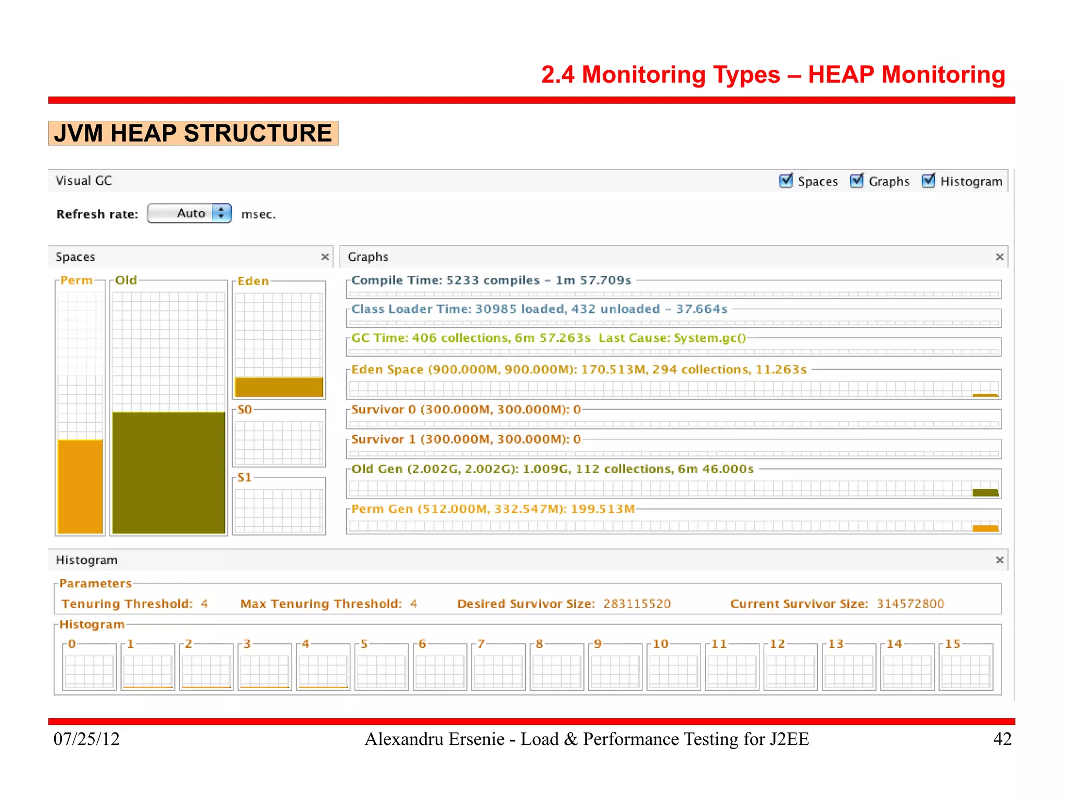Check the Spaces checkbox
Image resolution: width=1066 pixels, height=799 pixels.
(786, 181)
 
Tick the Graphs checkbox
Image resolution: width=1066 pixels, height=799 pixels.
(856, 181)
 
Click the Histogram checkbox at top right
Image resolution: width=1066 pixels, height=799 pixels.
(928, 181)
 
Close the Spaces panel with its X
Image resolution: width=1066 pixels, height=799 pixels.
(325, 257)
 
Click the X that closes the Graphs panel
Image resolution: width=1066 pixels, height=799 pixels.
(999, 257)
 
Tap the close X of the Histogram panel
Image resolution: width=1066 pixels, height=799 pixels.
(999, 560)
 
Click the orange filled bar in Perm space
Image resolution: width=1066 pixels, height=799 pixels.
(80, 486)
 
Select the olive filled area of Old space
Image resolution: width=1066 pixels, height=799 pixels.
(169, 472)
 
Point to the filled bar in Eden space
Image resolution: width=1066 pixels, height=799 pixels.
(279, 387)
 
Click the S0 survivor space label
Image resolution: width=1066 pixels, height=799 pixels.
(245, 410)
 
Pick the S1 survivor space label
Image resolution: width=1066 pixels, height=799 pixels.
(245, 477)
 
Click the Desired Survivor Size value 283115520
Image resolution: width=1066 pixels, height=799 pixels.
(637, 604)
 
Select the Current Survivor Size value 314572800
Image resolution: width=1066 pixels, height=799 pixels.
(910, 604)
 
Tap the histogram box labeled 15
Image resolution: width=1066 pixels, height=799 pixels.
(966, 670)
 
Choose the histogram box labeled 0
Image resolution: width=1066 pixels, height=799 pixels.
(90, 670)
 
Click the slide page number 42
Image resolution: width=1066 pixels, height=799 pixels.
(1002, 739)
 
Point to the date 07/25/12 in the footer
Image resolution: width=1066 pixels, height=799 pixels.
(86, 739)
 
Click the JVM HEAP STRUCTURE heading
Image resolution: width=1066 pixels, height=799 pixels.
(193, 133)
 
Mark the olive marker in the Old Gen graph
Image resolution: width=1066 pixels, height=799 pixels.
(985, 492)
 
